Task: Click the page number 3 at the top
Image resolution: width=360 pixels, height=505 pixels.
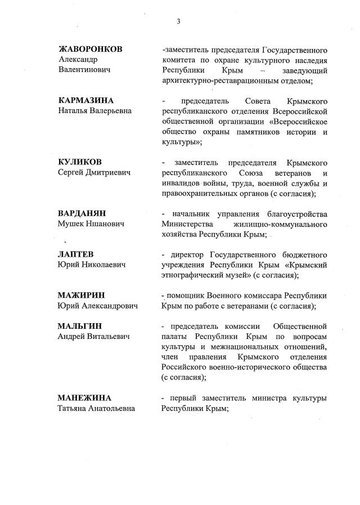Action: tap(178, 21)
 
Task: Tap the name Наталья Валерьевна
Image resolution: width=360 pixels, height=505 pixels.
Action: tap(95, 110)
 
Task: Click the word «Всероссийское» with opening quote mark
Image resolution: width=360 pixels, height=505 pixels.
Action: tap(298, 121)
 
